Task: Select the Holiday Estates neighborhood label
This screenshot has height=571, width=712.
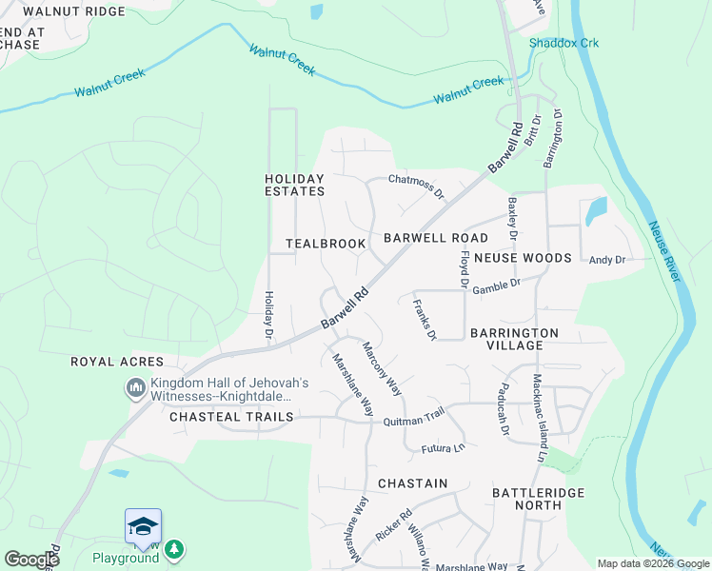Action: pos(294,185)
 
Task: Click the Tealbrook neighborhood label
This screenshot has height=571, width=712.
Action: pos(326,245)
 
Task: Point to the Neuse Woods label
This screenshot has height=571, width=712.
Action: pos(522,258)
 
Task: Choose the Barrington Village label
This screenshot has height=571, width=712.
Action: pos(514,339)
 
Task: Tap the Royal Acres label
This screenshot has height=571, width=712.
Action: pos(117,363)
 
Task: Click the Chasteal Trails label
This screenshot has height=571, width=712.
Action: pos(231,418)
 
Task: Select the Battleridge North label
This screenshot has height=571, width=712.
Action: pos(538,499)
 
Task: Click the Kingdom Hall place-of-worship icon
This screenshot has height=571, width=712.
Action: pos(134,388)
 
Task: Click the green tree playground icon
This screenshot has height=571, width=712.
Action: pos(173,549)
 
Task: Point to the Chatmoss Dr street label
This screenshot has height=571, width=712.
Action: pos(417,186)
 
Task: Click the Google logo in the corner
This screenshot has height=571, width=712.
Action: pos(31,560)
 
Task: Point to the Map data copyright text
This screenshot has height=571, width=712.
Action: pos(653,563)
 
